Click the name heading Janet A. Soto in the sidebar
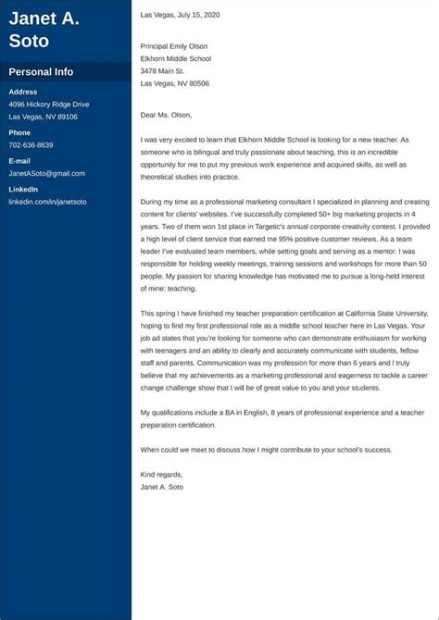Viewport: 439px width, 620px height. tap(44, 29)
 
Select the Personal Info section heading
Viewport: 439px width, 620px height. tap(41, 72)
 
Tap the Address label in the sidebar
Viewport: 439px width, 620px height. tap(23, 92)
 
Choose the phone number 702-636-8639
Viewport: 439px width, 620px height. tap(31, 145)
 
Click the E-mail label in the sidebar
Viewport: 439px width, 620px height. tap(20, 161)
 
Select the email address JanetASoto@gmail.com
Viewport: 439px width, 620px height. tap(46, 173)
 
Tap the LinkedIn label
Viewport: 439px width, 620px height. tap(23, 189)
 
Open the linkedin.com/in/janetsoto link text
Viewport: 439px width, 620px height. tap(47, 201)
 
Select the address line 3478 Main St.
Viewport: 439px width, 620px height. tap(162, 70)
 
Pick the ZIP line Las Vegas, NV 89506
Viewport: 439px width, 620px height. tap(175, 83)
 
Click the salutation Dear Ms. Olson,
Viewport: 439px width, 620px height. tap(166, 115)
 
